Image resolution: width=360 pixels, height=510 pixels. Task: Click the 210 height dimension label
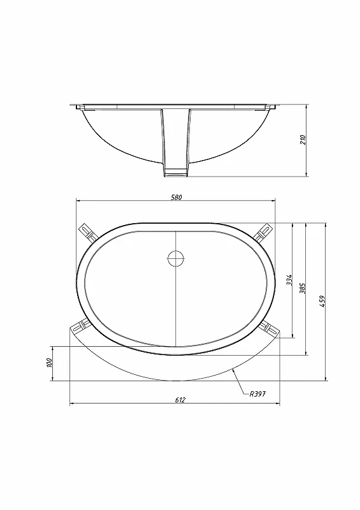303,140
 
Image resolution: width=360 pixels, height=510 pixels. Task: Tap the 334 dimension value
289,280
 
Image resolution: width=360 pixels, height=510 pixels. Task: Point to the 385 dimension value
303,288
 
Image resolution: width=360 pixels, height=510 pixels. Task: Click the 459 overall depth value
322,301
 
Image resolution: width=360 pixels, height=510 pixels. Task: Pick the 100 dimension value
50,363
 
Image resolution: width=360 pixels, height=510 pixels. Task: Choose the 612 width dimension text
180,400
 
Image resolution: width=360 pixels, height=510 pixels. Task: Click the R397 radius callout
257,394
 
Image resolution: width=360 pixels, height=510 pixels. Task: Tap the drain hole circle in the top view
176,259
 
